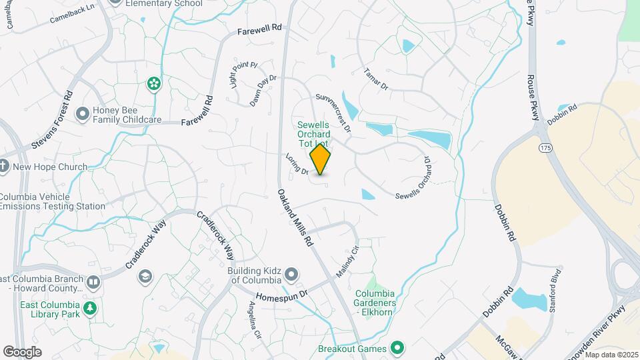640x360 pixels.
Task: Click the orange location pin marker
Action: (x=321, y=159)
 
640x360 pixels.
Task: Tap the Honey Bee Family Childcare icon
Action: (x=83, y=114)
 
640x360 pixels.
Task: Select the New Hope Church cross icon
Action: (x=4, y=166)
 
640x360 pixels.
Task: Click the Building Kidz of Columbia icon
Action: (x=291, y=275)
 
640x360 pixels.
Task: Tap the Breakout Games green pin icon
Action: (x=398, y=347)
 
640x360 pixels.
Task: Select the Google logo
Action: (x=22, y=352)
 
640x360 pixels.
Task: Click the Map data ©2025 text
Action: (x=611, y=355)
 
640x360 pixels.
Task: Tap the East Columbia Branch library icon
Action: (x=93, y=283)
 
